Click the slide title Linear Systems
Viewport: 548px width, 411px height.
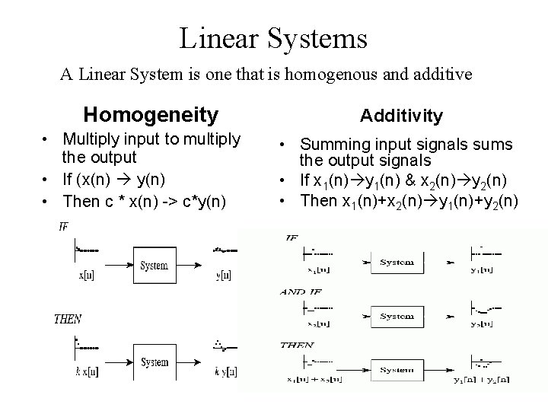273,37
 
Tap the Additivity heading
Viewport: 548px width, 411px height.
401,115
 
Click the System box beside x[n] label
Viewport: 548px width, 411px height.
155,266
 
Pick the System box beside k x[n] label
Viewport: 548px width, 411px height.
155,362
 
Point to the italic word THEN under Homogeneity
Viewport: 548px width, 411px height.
68,320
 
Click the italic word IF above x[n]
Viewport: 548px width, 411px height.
64,226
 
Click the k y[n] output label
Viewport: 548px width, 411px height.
225,371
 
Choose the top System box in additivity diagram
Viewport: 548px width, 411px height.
397,263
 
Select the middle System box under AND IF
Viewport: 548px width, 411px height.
397,316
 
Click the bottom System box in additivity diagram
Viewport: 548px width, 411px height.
397,370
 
